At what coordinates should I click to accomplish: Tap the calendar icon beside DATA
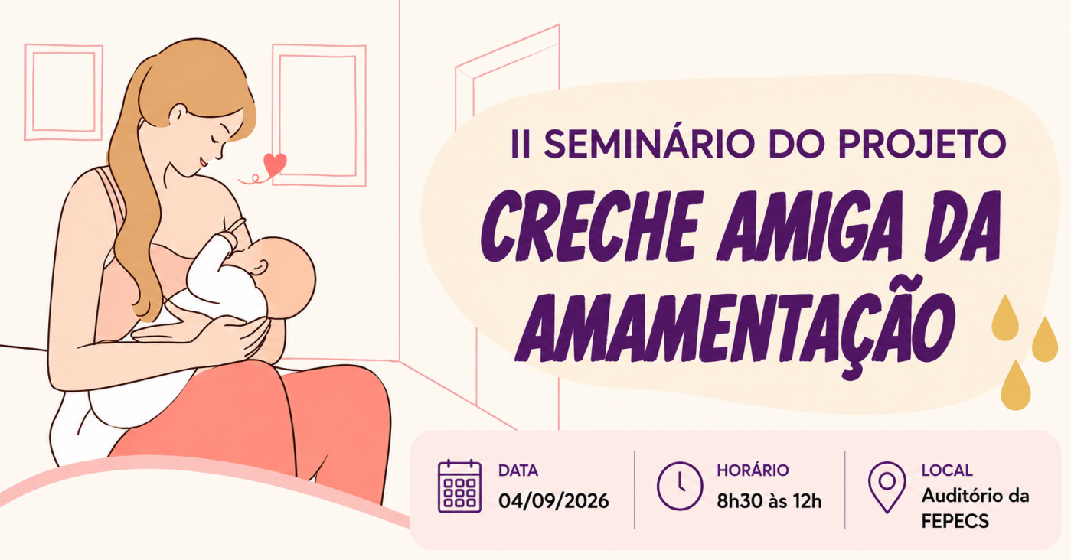click(459, 487)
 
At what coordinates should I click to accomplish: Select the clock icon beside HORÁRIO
click(679, 486)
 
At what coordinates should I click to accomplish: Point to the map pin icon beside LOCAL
click(887, 487)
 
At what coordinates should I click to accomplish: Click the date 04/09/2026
click(553, 501)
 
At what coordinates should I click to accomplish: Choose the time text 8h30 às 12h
click(769, 501)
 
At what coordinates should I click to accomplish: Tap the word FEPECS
click(955, 521)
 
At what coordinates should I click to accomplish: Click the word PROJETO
click(922, 144)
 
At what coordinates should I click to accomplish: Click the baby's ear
click(259, 268)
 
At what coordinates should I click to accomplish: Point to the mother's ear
click(178, 115)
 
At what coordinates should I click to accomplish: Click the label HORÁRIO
click(753, 470)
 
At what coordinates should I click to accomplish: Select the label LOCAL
click(947, 470)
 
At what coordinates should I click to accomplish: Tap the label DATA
click(518, 470)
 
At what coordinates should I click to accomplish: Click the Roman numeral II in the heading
click(521, 144)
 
